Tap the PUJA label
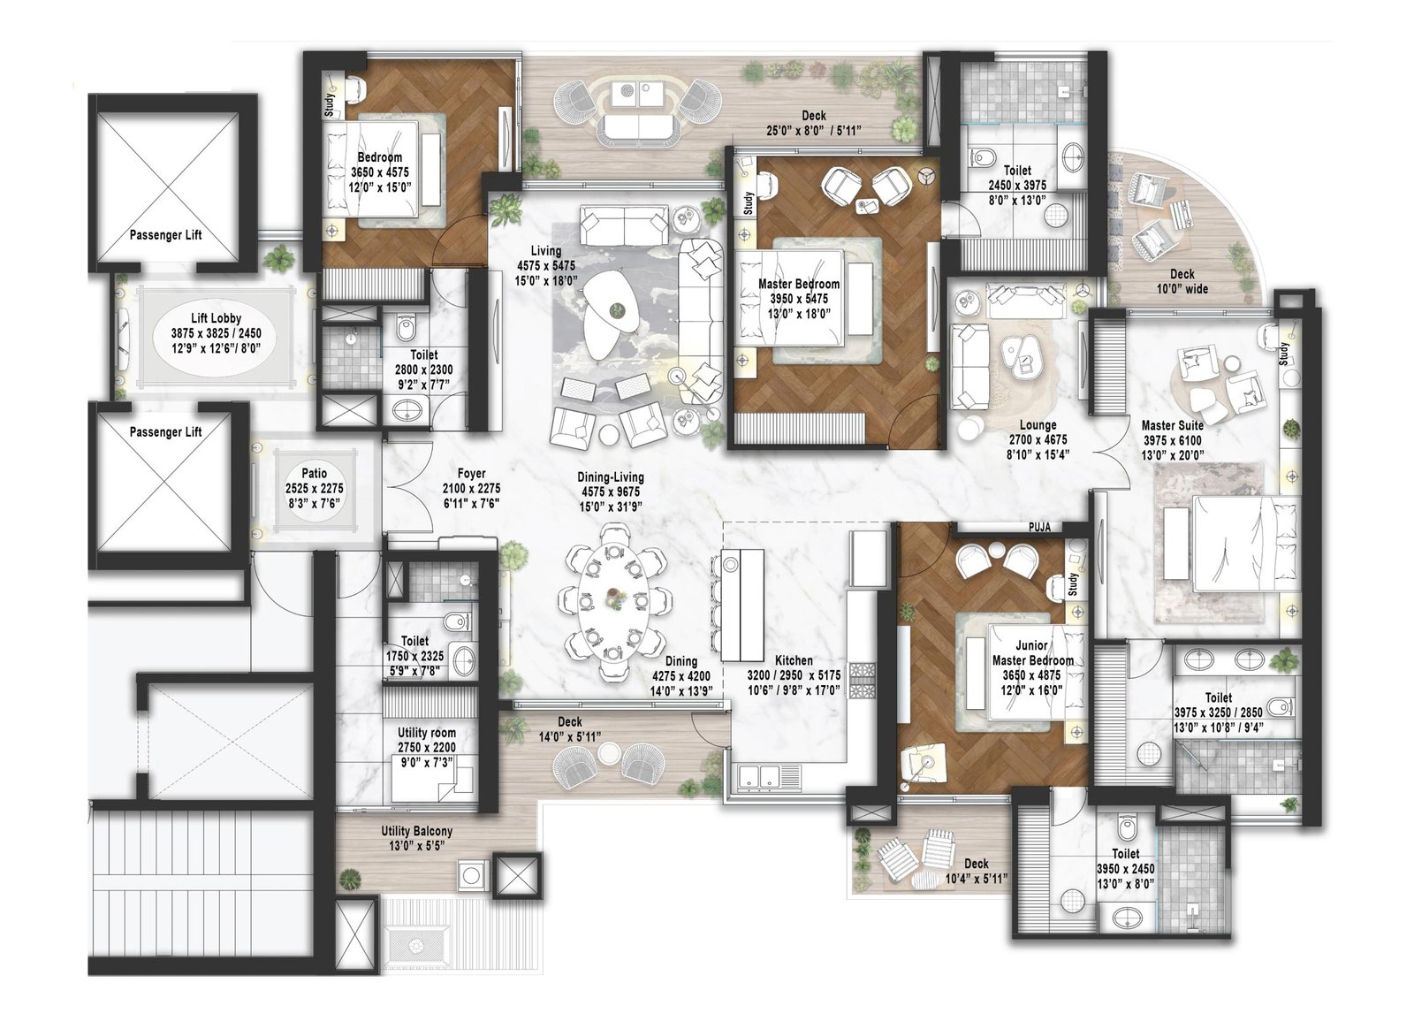tap(1039, 527)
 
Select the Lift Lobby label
tap(216, 318)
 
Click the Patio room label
tap(314, 474)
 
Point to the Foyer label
tap(471, 474)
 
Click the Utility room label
tap(426, 733)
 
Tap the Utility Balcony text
tap(416, 831)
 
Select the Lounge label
tap(1037, 425)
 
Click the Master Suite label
tap(1171, 425)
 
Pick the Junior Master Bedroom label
tap(1031, 652)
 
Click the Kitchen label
tap(793, 660)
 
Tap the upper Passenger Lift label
tap(165, 235)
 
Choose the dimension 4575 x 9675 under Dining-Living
tap(611, 492)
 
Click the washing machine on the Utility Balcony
tap(471, 875)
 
